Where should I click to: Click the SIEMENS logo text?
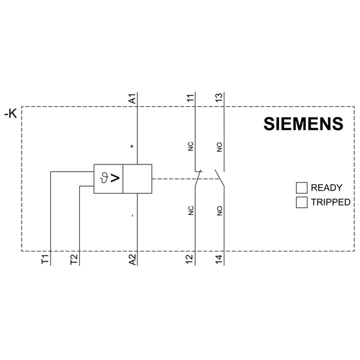[303, 124]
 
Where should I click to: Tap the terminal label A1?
[133, 98]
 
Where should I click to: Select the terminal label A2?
[133, 260]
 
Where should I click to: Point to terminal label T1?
[45, 259]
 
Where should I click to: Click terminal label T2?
[74, 259]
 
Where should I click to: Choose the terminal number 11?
[190, 98]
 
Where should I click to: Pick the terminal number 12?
[190, 259]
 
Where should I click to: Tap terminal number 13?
[219, 98]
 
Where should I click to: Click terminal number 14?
[219, 259]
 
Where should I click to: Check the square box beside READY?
[302, 188]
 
